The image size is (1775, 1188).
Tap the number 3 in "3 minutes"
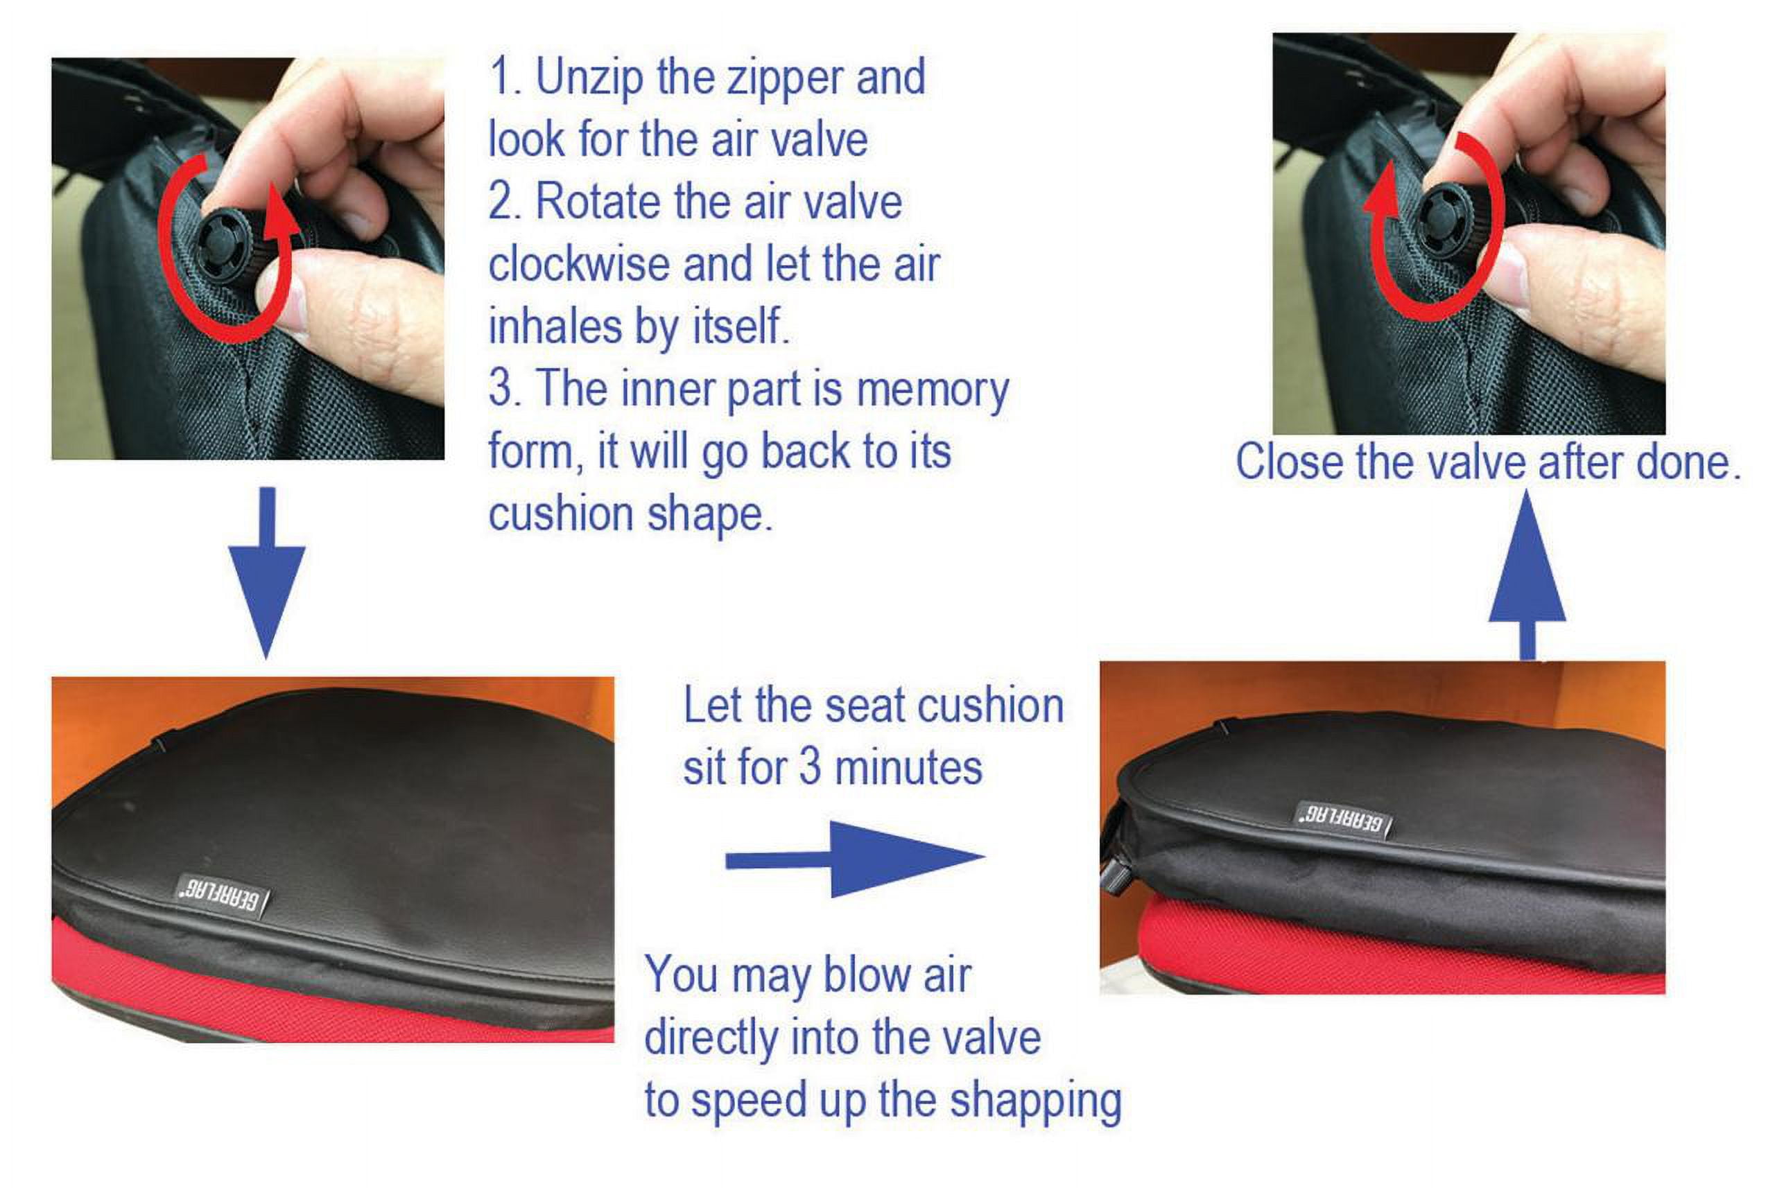click(811, 767)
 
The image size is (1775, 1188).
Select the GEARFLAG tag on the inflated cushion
click(1342, 820)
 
